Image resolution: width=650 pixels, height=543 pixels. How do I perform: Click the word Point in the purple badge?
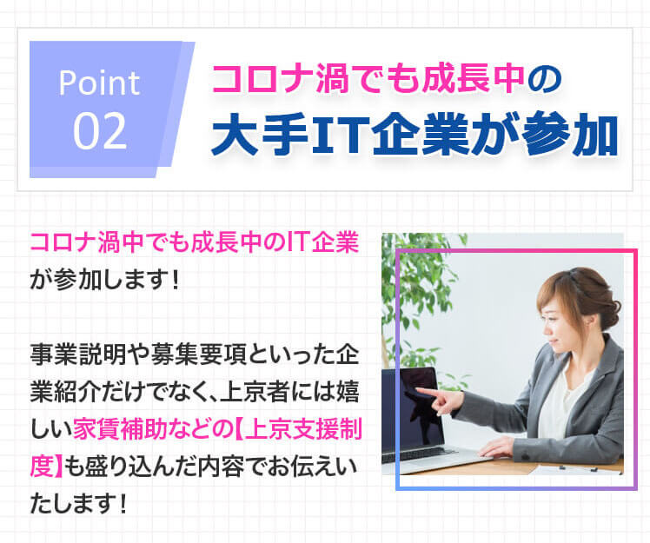[x=99, y=83]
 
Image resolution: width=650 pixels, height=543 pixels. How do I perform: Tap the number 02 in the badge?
[x=99, y=131]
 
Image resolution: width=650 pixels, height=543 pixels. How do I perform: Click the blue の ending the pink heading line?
[x=545, y=79]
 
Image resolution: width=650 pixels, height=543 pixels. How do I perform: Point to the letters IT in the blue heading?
[x=337, y=134]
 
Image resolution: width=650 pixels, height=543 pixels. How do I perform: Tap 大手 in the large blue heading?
[x=260, y=134]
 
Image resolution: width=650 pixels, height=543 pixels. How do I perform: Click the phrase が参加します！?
[x=104, y=280]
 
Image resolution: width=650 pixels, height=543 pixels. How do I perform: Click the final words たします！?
[x=78, y=504]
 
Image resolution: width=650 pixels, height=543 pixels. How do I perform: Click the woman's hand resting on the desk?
[x=496, y=447]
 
